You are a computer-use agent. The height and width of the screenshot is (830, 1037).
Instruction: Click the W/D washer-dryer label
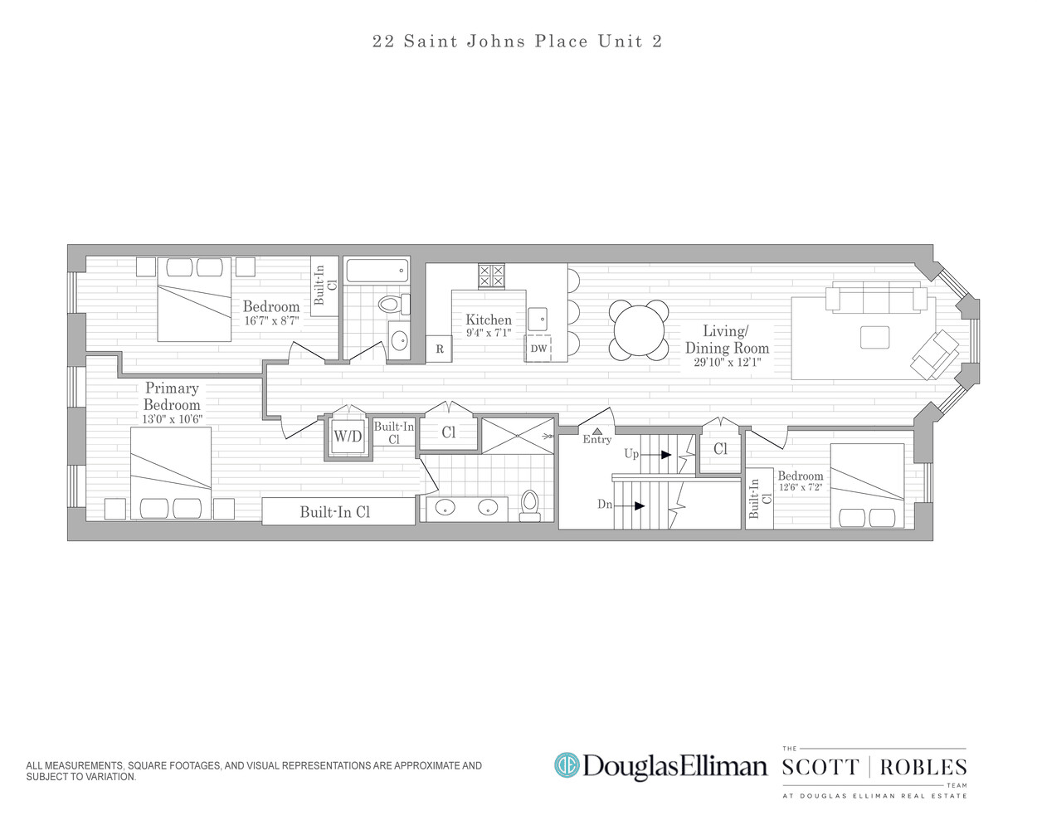click(348, 437)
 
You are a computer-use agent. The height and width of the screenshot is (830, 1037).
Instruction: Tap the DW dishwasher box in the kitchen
click(538, 348)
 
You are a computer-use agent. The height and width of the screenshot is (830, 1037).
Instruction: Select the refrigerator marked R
click(440, 349)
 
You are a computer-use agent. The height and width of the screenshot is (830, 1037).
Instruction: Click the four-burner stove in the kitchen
click(491, 276)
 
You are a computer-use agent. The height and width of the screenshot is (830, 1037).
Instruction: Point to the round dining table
click(639, 330)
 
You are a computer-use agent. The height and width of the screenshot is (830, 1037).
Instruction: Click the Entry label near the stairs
click(597, 439)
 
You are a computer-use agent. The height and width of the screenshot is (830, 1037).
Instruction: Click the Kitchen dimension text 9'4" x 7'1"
click(489, 333)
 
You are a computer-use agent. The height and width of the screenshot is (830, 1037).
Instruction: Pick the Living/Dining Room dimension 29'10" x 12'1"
click(728, 362)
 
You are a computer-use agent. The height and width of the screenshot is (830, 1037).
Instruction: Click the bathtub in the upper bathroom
click(377, 271)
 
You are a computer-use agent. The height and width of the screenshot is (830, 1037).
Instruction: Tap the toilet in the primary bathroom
click(529, 506)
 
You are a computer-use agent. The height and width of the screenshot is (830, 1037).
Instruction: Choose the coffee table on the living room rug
click(875, 337)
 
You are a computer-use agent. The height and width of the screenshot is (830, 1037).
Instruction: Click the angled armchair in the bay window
click(935, 354)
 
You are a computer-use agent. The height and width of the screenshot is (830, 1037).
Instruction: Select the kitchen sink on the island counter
click(538, 320)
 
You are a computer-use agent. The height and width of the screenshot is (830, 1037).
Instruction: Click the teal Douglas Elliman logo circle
click(567, 765)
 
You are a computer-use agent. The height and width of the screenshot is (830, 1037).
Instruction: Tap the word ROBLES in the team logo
click(923, 767)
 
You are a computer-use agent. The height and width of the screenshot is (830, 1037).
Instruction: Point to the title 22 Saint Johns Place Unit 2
click(518, 41)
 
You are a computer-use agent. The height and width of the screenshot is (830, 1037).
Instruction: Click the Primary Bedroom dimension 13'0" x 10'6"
click(172, 419)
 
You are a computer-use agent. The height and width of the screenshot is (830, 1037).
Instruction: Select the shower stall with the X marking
click(518, 436)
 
